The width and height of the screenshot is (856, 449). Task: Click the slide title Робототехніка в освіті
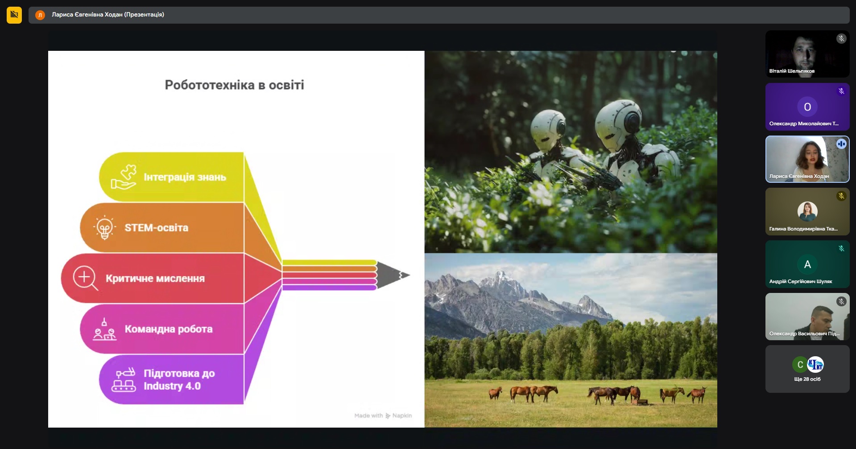click(x=234, y=85)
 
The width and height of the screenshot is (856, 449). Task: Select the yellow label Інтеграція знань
click(x=185, y=177)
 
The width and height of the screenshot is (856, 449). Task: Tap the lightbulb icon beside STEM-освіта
click(x=104, y=228)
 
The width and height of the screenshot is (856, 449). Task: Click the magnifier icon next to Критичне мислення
click(x=86, y=278)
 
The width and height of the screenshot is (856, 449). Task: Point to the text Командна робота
click(x=169, y=329)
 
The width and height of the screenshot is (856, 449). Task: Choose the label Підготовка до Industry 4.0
click(x=179, y=379)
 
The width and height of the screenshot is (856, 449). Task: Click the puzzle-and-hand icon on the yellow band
click(x=124, y=177)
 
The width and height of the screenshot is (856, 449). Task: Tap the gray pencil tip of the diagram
click(x=393, y=275)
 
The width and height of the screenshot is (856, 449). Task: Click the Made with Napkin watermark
click(x=383, y=416)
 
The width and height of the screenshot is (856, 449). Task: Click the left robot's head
click(x=548, y=130)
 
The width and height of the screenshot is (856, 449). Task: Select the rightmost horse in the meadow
click(x=696, y=395)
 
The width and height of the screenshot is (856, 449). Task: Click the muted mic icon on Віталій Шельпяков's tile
click(x=841, y=39)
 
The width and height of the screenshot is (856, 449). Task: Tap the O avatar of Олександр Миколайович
click(x=807, y=107)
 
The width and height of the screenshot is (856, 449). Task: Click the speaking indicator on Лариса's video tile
click(x=841, y=144)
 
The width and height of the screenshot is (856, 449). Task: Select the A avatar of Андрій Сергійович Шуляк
click(x=807, y=264)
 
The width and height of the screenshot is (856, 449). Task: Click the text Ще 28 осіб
click(x=807, y=379)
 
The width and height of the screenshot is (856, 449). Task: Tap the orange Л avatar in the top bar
click(x=40, y=15)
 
